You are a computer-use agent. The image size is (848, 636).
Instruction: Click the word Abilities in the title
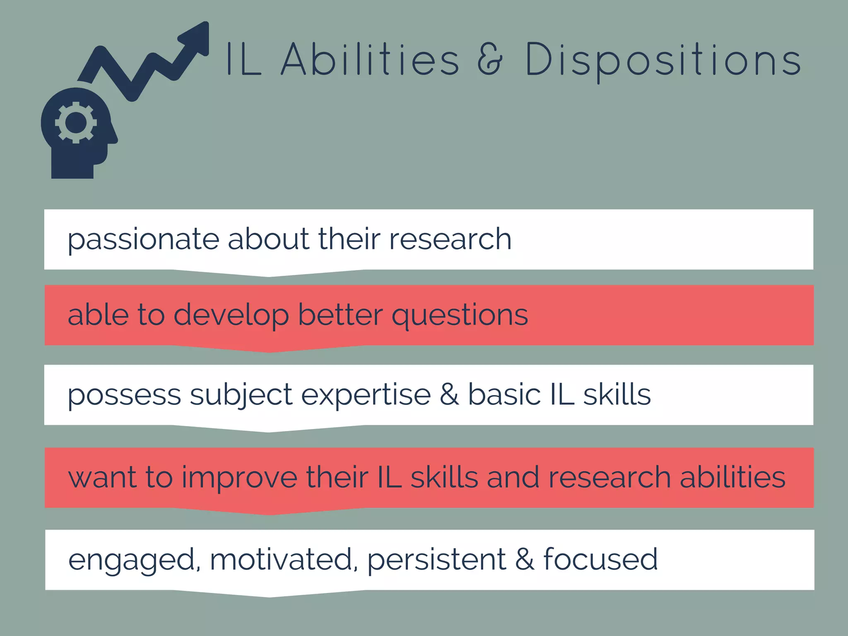(x=370, y=60)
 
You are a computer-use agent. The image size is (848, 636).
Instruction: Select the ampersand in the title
(x=489, y=60)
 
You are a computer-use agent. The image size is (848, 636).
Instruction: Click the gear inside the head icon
(x=76, y=123)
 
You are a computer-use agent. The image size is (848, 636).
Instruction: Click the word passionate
(x=143, y=240)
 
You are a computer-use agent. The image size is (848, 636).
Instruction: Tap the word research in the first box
(x=450, y=240)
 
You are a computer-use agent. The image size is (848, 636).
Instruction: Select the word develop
(x=231, y=316)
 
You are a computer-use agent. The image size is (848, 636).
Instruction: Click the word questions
(x=460, y=316)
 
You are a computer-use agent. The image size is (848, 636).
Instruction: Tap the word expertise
(x=366, y=395)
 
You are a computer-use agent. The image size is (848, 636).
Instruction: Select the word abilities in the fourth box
(x=732, y=477)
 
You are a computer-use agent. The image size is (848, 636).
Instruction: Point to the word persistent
(x=436, y=559)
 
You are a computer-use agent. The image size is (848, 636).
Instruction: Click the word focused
(x=600, y=559)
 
